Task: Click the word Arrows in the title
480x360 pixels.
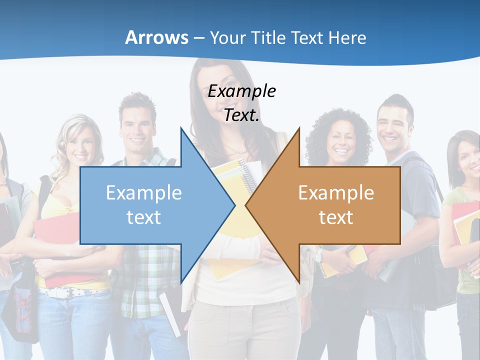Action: click(x=156, y=37)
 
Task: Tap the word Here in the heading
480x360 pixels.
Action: click(x=347, y=37)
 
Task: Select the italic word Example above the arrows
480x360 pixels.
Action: click(x=241, y=91)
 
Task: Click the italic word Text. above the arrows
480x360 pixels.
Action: click(x=241, y=115)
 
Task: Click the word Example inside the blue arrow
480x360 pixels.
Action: click(x=144, y=193)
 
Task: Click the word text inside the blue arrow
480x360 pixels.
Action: click(x=144, y=217)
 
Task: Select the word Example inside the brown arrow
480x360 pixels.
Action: click(x=336, y=193)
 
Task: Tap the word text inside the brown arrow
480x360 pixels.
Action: click(x=336, y=217)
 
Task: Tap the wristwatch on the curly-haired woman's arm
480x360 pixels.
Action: click(x=318, y=256)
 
